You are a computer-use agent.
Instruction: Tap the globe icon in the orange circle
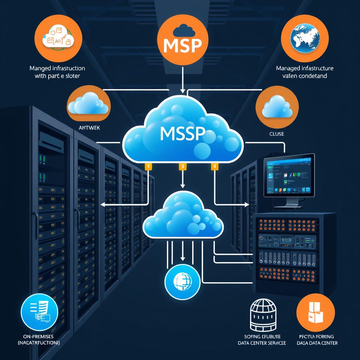pos(305,38)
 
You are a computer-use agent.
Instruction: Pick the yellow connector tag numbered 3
pos(182,167)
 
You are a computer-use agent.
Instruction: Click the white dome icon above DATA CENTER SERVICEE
pos(261,314)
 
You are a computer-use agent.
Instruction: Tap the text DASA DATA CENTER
pos(317,343)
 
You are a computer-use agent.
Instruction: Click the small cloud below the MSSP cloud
pos(183,216)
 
